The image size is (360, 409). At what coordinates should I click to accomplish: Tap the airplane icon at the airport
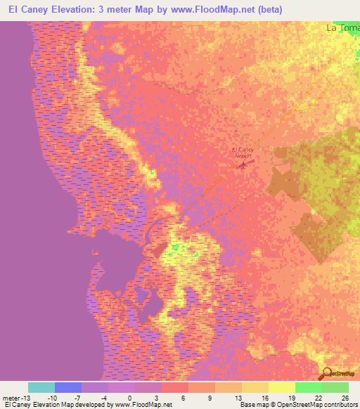243,166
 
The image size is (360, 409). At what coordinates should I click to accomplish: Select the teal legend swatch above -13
41,387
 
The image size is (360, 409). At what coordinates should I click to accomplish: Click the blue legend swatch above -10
68,387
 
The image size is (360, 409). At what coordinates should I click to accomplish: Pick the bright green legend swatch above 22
308,387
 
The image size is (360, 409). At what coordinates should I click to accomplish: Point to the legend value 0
129,398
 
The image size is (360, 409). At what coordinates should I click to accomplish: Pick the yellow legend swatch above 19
281,387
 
